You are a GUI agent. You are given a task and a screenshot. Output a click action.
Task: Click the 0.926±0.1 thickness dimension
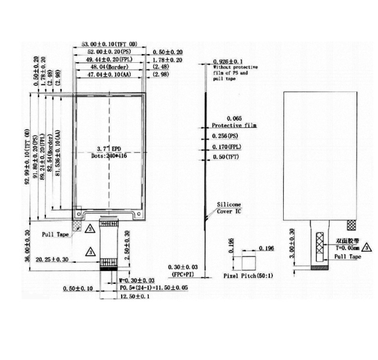click(x=228, y=61)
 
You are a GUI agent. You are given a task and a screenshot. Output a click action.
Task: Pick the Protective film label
click(x=233, y=125)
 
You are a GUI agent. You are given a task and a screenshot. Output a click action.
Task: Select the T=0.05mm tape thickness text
click(x=347, y=246)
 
